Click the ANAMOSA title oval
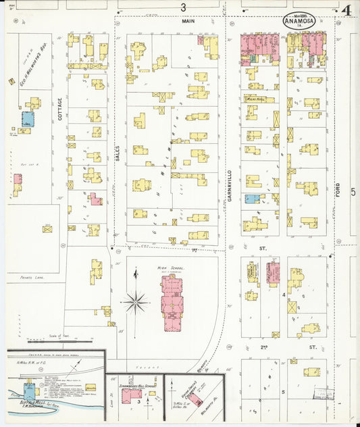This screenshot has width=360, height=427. [x=302, y=21]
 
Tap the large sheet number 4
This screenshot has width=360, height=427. [x=345, y=11]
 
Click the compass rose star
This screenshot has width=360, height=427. [x=136, y=301]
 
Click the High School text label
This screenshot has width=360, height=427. [x=171, y=268]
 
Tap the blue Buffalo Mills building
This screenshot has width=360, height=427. [x=29, y=391]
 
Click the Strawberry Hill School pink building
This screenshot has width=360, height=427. [x=132, y=393]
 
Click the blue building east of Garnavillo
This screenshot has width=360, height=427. [x=251, y=199]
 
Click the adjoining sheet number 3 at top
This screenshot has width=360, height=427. [x=183, y=7]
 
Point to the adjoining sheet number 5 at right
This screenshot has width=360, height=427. [x=353, y=192]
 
